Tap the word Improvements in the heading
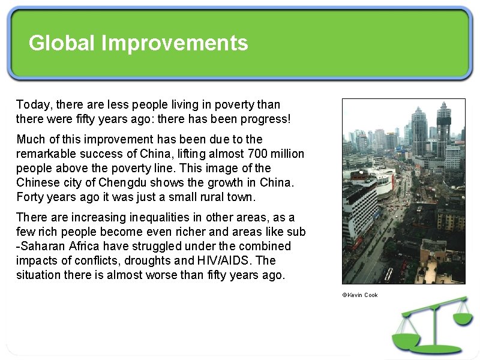pyautogui.click(x=175, y=43)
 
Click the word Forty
pyautogui.click(x=29, y=197)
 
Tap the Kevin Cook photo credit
pyautogui.click(x=360, y=295)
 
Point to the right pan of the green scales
pyautogui.click(x=463, y=317)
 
